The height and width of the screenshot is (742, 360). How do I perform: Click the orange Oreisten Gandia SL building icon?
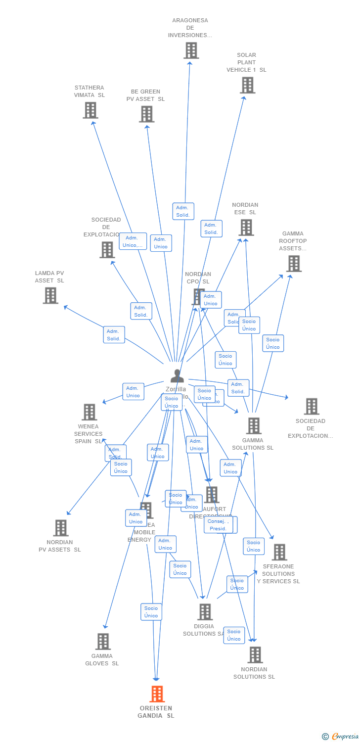157,694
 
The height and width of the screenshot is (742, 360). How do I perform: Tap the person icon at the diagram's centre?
177,376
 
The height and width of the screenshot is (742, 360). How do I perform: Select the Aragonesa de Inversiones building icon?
191,50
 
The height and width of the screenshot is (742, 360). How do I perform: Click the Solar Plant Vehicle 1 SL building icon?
247,85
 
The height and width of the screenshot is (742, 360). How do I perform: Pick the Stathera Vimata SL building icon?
90,110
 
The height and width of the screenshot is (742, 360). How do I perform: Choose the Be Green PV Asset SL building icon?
146,114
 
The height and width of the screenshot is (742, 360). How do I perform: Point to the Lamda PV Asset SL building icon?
50,295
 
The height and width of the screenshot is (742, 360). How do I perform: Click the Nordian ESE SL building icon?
246,228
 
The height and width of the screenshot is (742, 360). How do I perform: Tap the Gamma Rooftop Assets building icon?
294,264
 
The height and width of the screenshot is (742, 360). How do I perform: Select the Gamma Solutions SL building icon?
254,425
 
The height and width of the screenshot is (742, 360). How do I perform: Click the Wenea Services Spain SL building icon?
89,412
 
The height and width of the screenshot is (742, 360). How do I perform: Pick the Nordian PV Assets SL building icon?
60,528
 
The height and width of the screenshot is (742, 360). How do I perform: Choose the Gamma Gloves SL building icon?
103,642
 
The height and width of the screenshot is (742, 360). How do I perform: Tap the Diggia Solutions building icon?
205,612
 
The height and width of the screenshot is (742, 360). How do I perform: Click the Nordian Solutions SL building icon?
255,655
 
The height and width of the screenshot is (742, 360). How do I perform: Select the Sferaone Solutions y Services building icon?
279,552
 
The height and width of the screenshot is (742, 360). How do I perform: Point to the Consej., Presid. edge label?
218,525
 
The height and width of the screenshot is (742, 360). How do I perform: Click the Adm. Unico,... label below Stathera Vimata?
133,241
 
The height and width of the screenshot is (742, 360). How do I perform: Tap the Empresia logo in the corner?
341,736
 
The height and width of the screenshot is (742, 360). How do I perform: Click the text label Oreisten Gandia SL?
156,712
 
